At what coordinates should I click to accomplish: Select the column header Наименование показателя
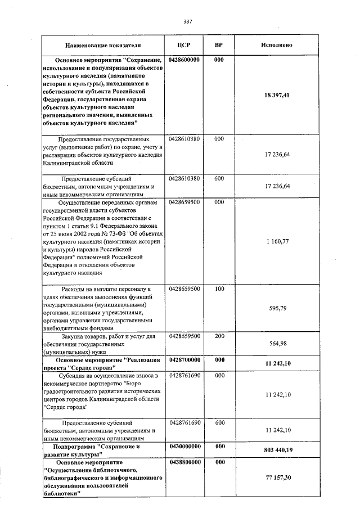pyautogui.click(x=102, y=44)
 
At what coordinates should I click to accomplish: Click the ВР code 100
pyautogui.click(x=219, y=289)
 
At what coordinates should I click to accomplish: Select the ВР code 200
pyautogui.click(x=219, y=336)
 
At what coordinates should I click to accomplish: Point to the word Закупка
pyautogui.click(x=73, y=336)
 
